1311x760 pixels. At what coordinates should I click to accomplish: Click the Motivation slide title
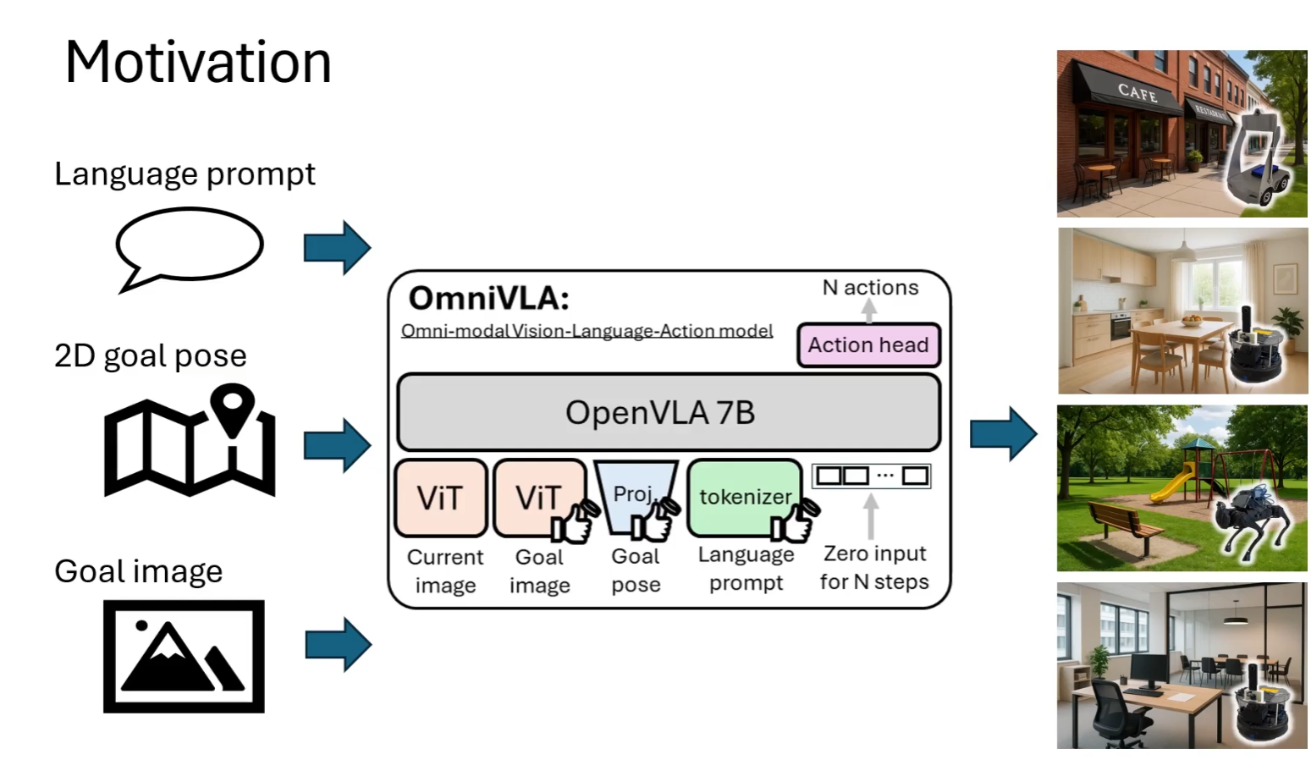tap(198, 63)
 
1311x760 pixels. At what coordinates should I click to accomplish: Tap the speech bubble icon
tap(189, 247)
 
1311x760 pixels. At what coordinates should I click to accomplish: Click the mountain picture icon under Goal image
tap(184, 657)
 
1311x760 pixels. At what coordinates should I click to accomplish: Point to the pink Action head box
tap(868, 345)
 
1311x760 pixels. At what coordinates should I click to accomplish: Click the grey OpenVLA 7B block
tap(668, 412)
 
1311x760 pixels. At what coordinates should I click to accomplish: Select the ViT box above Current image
tap(440, 498)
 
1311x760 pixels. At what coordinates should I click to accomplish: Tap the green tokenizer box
tap(744, 497)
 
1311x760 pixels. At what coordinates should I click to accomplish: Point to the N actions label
tap(870, 288)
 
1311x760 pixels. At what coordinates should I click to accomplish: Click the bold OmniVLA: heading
tap(488, 299)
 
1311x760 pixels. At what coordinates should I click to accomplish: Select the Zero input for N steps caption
tap(874, 568)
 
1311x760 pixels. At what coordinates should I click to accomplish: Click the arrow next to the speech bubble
tap(337, 248)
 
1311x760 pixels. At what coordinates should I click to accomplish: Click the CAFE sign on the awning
tap(1137, 92)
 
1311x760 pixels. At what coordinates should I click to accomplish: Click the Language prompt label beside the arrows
tap(185, 174)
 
